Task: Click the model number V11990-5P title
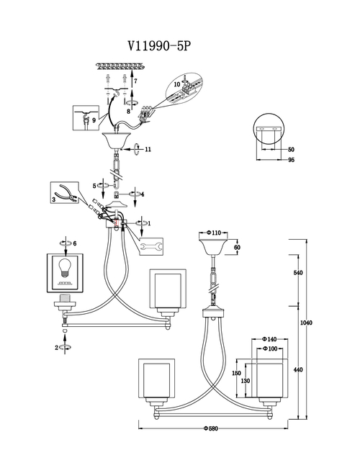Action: [159, 45]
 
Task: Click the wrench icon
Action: [152, 246]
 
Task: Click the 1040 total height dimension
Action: [306, 323]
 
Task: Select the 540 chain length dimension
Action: [298, 273]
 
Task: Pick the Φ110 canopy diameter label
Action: [214, 233]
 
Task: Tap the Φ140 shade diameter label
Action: [269, 339]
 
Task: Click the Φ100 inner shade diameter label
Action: [270, 348]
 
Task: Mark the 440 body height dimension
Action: [298, 369]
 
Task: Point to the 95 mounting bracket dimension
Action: [291, 160]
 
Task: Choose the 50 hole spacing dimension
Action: [291, 150]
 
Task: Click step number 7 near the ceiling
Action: [135, 81]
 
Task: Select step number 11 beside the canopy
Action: [148, 149]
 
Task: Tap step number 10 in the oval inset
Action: [177, 84]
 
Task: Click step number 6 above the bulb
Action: [75, 243]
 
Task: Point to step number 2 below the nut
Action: [57, 348]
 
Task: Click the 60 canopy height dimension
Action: [237, 247]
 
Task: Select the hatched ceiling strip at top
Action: [120, 66]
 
